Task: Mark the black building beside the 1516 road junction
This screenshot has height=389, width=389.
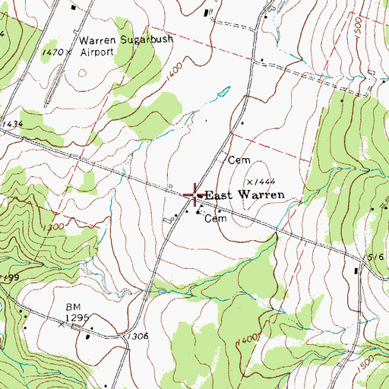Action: [x=356, y=270]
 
